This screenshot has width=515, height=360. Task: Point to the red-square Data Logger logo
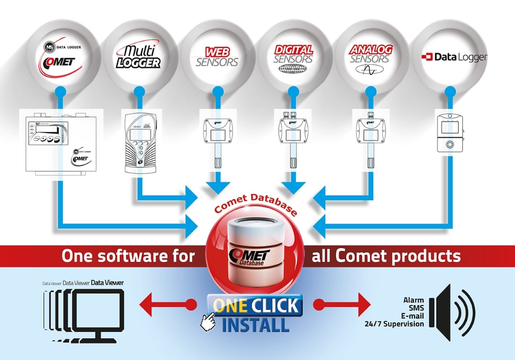tap(454, 57)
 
